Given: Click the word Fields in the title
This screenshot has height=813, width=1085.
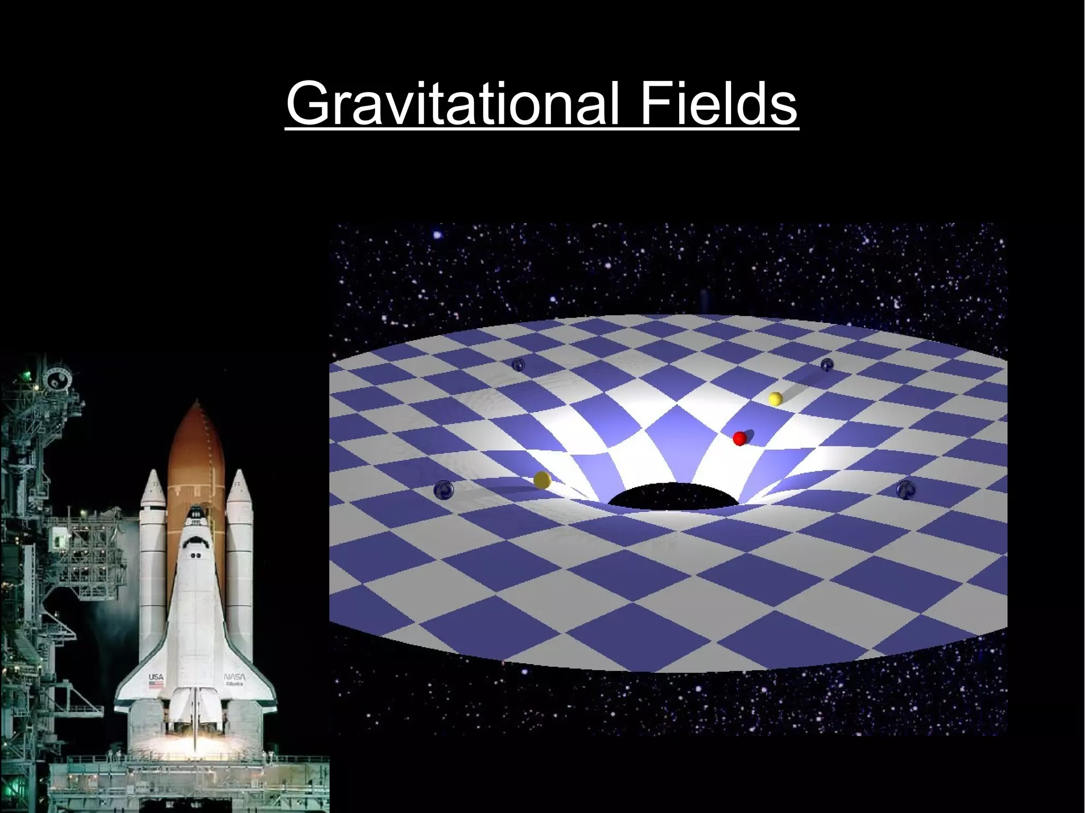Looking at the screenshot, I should [718, 103].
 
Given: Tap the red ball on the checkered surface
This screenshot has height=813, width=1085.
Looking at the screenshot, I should [740, 439].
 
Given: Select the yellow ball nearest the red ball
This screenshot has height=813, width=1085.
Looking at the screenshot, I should [776, 399].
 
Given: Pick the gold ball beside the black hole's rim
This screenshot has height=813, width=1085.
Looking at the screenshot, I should [542, 480].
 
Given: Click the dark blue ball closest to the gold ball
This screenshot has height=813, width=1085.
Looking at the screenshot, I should [443, 490].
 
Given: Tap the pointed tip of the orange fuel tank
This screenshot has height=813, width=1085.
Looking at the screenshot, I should [197, 406].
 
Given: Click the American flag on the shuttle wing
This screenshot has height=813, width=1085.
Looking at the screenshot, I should [156, 685].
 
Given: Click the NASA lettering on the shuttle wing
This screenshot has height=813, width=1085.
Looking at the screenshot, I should [234, 677].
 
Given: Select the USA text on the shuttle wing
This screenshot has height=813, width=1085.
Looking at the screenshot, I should [156, 677].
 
